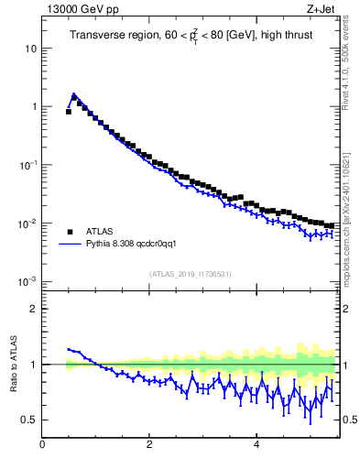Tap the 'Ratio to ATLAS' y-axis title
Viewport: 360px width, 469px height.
[x=14, y=364]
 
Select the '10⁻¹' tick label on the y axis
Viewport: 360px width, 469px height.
[x=27, y=164]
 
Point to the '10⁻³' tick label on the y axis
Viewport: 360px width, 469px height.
[x=27, y=281]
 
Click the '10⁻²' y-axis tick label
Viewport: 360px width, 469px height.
[x=27, y=223]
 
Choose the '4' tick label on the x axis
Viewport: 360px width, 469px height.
[x=256, y=445]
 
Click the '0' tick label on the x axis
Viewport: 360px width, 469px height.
[x=43, y=445]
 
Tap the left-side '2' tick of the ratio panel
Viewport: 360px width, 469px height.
[x=34, y=309]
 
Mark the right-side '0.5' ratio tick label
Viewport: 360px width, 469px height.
[x=350, y=420]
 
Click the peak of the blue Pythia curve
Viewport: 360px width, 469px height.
[x=73, y=93]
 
